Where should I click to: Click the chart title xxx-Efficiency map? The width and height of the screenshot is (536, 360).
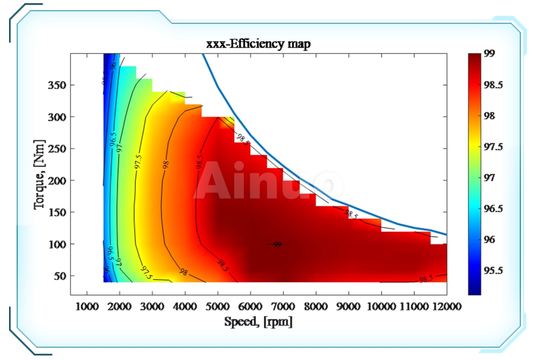pyautogui.click(x=258, y=44)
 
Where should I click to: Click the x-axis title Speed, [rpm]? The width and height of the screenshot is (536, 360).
pyautogui.click(x=258, y=322)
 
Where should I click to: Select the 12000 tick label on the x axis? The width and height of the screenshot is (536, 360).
pyautogui.click(x=446, y=306)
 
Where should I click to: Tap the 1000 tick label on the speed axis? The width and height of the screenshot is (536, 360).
pyautogui.click(x=87, y=306)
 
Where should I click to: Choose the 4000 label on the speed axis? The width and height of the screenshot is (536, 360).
pyautogui.click(x=184, y=306)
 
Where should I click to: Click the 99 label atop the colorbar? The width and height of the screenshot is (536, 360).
pyautogui.click(x=489, y=54)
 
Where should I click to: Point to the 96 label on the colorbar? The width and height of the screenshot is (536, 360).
pyautogui.click(x=489, y=239)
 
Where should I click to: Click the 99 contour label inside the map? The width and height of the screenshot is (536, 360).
pyautogui.click(x=277, y=244)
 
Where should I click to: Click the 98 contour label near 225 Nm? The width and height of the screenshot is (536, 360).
pyautogui.click(x=166, y=164)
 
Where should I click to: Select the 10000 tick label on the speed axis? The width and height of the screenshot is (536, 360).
pyautogui.click(x=381, y=306)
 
